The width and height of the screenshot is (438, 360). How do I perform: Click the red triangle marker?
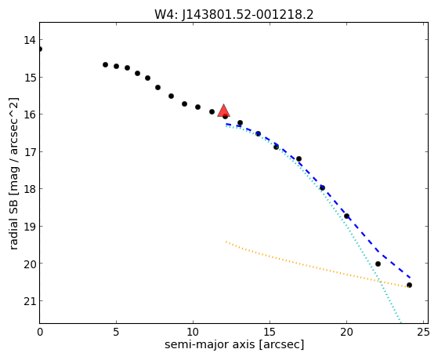224,111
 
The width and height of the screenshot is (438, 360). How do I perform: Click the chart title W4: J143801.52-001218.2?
233,14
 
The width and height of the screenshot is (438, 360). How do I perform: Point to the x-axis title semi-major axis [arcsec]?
234,344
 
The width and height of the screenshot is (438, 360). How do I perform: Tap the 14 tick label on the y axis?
30,40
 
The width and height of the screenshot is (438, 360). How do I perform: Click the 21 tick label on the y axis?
30,301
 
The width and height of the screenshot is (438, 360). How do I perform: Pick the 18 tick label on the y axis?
30,189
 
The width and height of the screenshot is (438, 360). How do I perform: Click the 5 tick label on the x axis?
116,332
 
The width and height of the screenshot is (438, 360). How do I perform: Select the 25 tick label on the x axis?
423,332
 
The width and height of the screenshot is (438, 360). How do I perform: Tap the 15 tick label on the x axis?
270,332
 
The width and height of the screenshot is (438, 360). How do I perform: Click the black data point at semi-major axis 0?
40,49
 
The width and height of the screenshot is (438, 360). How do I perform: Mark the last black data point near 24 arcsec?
409,285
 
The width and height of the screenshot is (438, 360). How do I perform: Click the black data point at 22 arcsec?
378,264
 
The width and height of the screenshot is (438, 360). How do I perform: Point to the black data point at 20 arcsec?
346,216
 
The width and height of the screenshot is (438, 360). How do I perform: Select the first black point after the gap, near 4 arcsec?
105,64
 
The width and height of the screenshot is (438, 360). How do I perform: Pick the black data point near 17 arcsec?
299,159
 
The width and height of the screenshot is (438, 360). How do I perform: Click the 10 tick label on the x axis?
193,332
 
